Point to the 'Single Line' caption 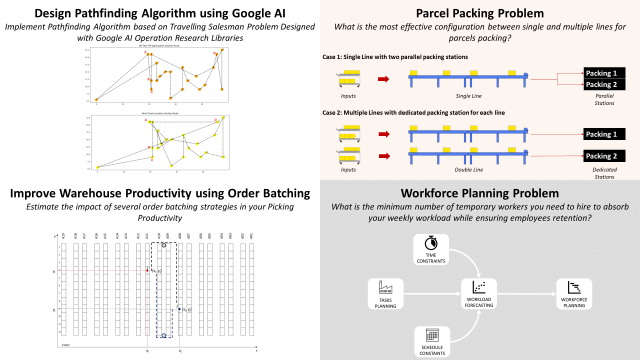pos(469,95)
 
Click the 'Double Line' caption pos(469,172)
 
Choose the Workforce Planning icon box pos(574,288)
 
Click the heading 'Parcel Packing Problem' pos(479,11)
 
